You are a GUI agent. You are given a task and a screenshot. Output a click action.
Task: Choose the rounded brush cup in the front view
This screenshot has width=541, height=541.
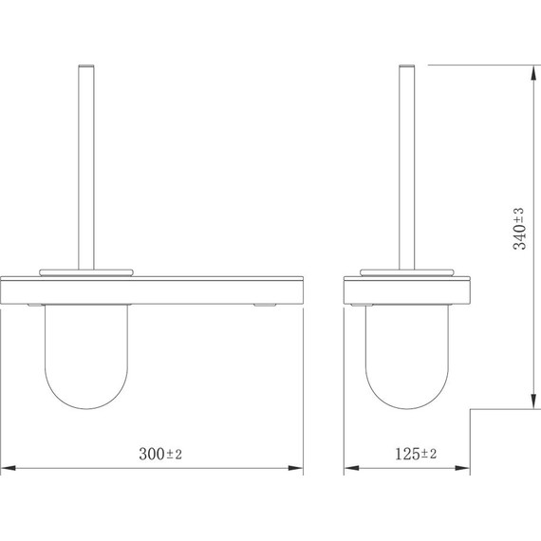pos(85,361)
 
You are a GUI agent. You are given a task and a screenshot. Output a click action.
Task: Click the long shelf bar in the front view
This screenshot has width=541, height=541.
pos(152,290)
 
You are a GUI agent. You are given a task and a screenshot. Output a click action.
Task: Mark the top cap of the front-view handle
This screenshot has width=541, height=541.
pos(85,66)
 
